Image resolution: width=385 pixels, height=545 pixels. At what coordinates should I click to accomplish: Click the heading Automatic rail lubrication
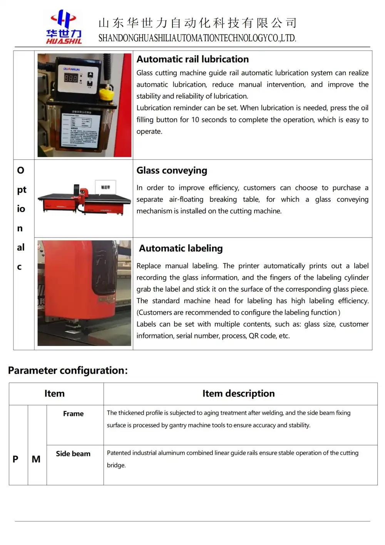tap(192, 59)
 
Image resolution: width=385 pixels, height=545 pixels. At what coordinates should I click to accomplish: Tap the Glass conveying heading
tap(172, 170)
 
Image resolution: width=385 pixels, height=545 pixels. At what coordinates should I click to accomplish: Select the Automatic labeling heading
tap(181, 248)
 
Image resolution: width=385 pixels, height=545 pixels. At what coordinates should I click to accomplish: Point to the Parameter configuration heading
tap(68, 370)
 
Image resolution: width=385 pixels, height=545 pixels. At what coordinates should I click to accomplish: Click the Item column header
tap(54, 393)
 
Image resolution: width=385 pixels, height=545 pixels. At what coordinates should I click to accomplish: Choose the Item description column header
tap(238, 393)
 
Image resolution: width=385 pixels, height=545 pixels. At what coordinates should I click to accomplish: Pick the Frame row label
tap(73, 413)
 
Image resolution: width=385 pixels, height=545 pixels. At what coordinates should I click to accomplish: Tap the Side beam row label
tap(73, 454)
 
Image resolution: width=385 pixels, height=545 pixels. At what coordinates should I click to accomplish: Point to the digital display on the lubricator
tap(71, 78)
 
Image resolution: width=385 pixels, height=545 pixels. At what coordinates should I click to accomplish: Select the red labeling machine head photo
tap(84, 293)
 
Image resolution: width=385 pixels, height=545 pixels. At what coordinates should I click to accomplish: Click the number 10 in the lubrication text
tap(195, 120)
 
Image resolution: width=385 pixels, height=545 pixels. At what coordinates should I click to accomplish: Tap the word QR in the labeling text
tap(253, 336)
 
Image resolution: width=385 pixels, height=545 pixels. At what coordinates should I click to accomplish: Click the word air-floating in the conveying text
tap(186, 199)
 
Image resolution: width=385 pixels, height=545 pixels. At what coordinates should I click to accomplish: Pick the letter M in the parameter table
tap(36, 459)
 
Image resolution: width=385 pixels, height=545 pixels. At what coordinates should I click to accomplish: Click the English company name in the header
tap(197, 38)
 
